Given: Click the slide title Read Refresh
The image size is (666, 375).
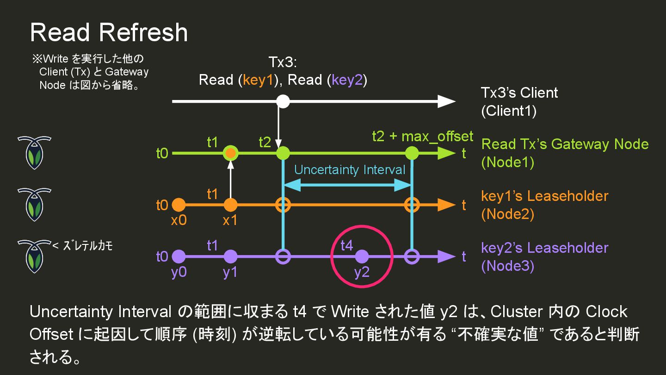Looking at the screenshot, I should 109,32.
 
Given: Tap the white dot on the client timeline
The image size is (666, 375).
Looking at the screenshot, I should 283,101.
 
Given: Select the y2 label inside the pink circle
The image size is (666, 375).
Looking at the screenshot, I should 362,273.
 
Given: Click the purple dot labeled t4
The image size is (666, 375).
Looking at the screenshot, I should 362,256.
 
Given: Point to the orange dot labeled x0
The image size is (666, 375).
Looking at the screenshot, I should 179,205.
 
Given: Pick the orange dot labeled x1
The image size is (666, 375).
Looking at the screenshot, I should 230,205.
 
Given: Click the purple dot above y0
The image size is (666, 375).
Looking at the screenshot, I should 179,256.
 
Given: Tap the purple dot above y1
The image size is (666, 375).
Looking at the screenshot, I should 230,256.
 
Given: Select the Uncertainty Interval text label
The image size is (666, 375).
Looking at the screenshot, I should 350,169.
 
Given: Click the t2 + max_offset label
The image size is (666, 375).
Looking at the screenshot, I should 422,136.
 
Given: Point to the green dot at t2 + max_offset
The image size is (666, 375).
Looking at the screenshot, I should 411,153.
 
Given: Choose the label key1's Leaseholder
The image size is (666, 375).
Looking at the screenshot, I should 544,196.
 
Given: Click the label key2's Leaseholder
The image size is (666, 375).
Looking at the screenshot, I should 544,248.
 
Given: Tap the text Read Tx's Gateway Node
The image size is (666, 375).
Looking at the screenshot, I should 565,144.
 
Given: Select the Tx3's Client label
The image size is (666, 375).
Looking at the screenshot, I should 519,93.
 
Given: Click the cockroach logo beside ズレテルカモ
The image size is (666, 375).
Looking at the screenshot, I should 34,256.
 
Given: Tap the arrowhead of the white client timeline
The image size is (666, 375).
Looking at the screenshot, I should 446,101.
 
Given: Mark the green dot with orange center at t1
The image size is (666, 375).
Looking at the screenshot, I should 230,153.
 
